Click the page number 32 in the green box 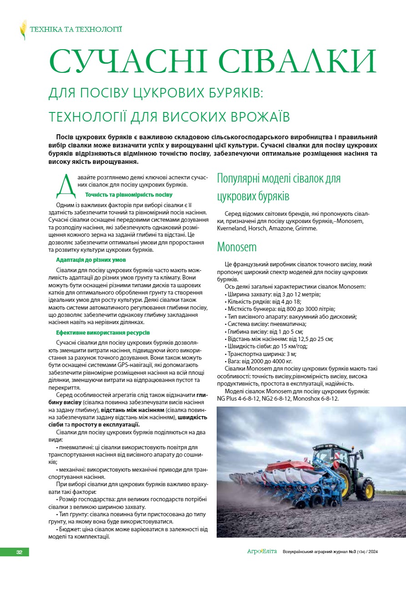tap(19, 552)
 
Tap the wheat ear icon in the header tap(23, 30)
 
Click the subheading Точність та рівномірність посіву tap(129, 195)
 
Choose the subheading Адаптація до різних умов tap(91, 260)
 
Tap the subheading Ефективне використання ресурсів tap(103, 333)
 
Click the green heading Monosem tap(237, 247)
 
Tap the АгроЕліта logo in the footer tap(262, 552)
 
